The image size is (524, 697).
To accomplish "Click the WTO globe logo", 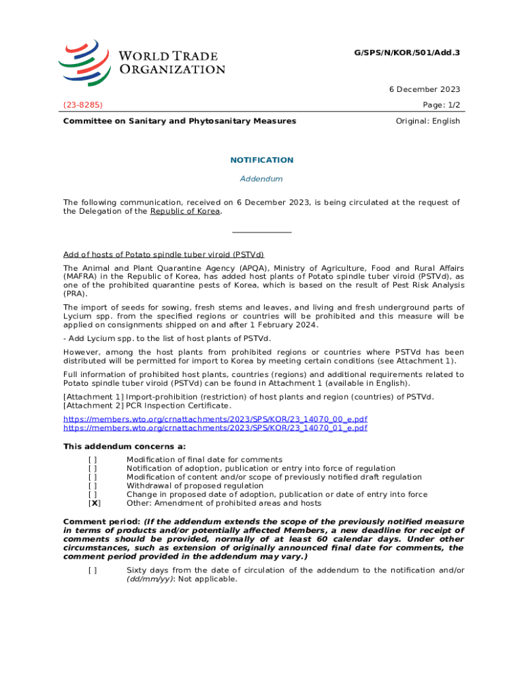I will [x=84, y=62].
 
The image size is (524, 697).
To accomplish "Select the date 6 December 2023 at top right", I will [x=426, y=89].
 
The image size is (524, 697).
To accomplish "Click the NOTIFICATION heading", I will [x=262, y=160].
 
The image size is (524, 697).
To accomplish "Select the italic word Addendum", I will [x=262, y=179].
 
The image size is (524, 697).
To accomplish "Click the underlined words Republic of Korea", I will [x=185, y=211].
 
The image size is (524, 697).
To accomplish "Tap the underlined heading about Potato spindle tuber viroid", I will [x=163, y=255].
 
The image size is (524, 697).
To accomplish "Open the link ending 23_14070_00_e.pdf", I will [x=215, y=419].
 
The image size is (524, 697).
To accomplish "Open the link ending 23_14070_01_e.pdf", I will [x=215, y=428].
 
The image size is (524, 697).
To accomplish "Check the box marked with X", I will [x=95, y=504].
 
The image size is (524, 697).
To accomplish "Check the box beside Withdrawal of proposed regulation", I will [x=93, y=486].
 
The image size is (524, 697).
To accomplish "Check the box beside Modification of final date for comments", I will [x=93, y=459].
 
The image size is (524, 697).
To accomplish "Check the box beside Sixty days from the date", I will [x=93, y=570].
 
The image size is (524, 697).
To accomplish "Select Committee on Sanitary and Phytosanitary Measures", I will [x=180, y=121].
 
